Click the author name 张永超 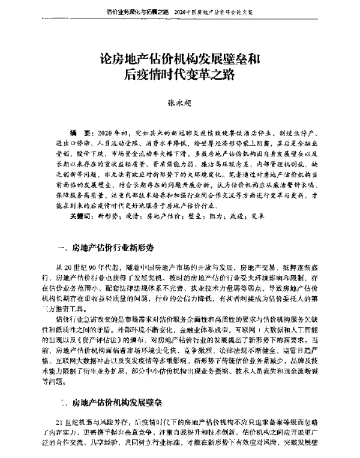(x=180, y=103)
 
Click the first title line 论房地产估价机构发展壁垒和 (x=179, y=60)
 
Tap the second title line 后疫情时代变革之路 (x=180, y=75)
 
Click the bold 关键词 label (x=79, y=215)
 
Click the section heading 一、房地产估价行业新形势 (x=107, y=247)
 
